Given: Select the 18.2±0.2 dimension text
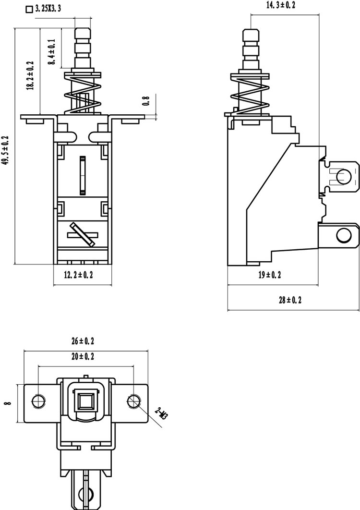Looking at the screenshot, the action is click(x=31, y=75).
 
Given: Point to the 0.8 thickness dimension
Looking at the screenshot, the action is click(x=147, y=100).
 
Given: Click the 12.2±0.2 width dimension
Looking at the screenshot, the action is click(x=78, y=275).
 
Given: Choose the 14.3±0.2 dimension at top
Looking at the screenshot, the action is click(x=281, y=5).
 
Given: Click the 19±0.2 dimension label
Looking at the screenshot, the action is click(x=270, y=275).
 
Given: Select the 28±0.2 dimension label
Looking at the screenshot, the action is click(x=290, y=300).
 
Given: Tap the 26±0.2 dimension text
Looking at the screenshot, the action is click(x=83, y=341).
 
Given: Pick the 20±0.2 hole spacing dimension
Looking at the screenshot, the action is click(x=83, y=356).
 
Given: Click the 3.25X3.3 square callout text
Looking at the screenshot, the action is click(x=48, y=9).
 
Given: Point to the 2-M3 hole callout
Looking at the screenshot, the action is click(x=161, y=413).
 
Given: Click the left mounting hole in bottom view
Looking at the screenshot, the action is click(x=38, y=401).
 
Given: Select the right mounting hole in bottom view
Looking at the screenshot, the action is click(x=133, y=401).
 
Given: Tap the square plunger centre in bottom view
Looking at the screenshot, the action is click(x=86, y=401).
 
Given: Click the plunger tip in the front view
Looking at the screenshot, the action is click(x=83, y=29).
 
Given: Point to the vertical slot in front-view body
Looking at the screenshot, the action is click(x=83, y=175).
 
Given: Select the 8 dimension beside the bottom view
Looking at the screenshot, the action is click(x=8, y=403).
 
